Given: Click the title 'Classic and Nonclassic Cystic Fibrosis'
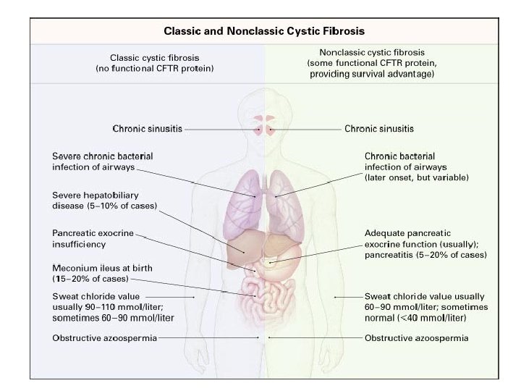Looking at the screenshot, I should [263, 31].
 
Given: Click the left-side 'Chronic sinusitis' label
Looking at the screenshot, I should [147, 129].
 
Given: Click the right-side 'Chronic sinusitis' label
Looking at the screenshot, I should [379, 129].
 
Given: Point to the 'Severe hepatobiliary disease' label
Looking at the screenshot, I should [104, 201].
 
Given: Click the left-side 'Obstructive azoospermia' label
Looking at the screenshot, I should [104, 337].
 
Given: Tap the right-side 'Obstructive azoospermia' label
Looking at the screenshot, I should [416, 337].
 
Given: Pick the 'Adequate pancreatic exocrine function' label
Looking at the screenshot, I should [418, 238].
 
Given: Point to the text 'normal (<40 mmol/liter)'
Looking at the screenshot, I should [415, 317].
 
